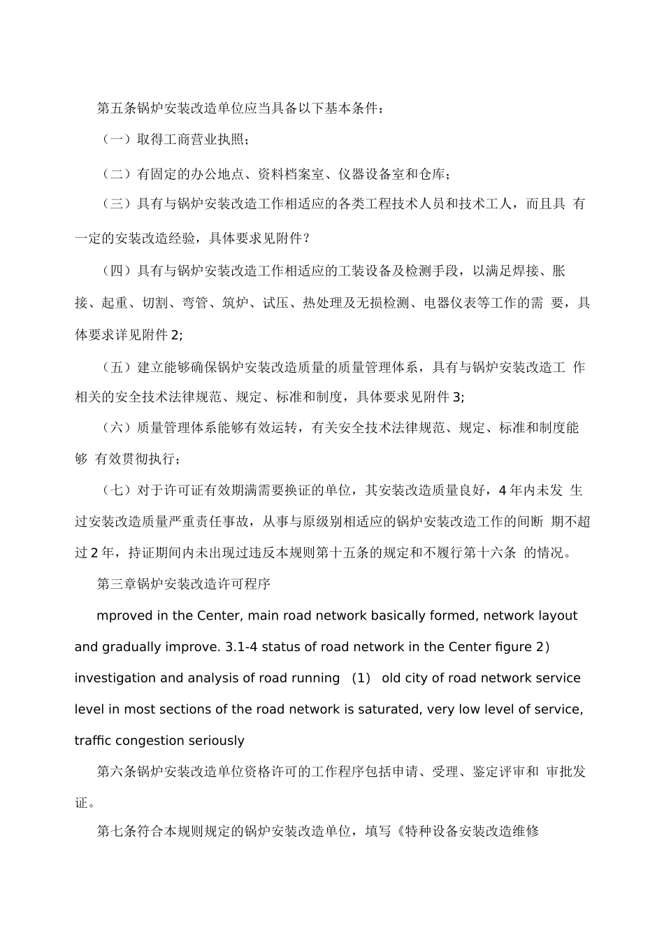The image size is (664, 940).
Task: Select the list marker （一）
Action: [x=117, y=140]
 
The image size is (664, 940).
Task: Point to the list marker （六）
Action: [x=117, y=428]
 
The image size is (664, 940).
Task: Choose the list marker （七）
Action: [x=117, y=490]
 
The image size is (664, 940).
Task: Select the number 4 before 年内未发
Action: [x=501, y=490]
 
